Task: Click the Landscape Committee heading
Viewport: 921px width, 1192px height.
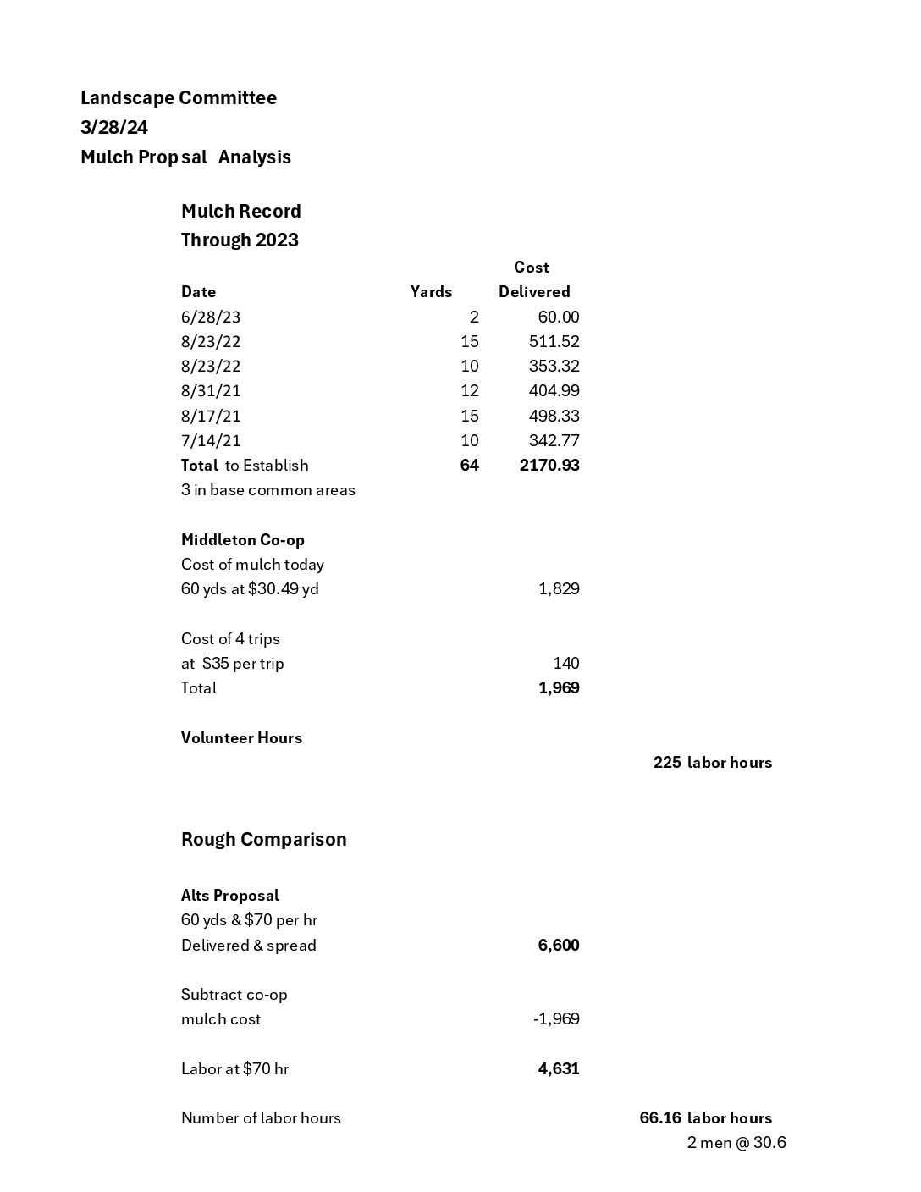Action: [x=179, y=98]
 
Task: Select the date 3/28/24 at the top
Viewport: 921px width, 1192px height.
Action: [x=114, y=128]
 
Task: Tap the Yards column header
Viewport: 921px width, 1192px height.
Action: [x=431, y=292]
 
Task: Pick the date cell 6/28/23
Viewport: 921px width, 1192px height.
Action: [x=211, y=317]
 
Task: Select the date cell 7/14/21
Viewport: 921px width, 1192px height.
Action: [x=211, y=441]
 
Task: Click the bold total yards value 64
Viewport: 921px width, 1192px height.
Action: [x=469, y=466]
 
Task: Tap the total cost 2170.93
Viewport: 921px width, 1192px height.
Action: [x=549, y=466]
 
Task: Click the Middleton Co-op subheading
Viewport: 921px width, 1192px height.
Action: [x=243, y=540]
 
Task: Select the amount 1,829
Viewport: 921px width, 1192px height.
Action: [x=559, y=589]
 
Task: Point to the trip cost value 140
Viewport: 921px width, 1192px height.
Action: [x=566, y=664]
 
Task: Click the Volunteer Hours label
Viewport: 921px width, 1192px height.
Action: [x=241, y=738]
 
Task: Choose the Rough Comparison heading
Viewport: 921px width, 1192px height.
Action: [x=264, y=840]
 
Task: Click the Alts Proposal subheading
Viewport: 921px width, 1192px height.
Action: [x=230, y=896]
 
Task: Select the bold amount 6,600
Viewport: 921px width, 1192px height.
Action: [x=559, y=946]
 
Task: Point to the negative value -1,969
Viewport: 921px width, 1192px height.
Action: [x=556, y=1019]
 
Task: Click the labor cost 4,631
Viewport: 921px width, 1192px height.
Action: [x=559, y=1069]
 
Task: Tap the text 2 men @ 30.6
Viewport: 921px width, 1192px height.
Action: [x=736, y=1143]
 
